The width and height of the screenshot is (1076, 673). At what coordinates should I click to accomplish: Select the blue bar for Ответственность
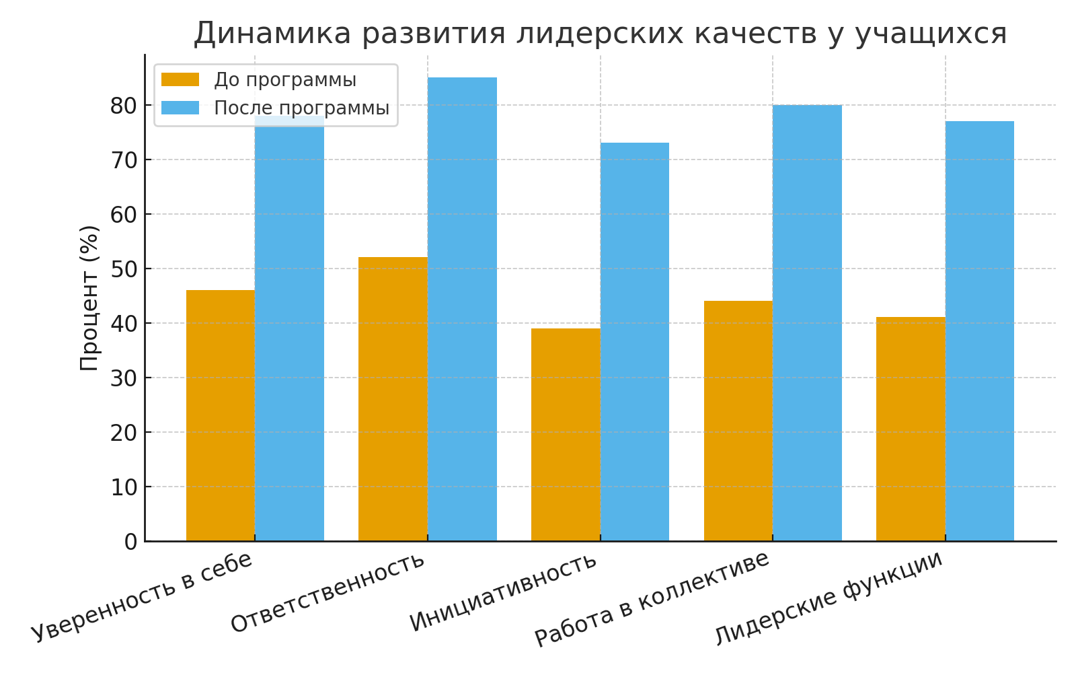pyautogui.click(x=462, y=309)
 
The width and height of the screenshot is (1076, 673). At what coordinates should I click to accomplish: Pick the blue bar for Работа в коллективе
pyautogui.click(x=807, y=322)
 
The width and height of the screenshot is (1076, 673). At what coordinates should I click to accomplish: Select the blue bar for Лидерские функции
pyautogui.click(x=980, y=330)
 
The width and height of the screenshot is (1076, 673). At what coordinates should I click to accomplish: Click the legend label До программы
pyautogui.click(x=285, y=80)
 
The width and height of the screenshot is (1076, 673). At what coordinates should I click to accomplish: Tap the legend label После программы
pyautogui.click(x=301, y=108)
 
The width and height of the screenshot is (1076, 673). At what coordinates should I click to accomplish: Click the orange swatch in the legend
pyautogui.click(x=180, y=80)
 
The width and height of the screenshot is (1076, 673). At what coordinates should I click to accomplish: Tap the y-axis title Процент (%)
pyautogui.click(x=89, y=297)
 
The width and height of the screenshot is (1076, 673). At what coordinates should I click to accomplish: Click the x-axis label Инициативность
pyautogui.click(x=504, y=592)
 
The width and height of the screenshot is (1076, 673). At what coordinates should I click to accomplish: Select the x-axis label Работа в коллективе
pyautogui.click(x=652, y=598)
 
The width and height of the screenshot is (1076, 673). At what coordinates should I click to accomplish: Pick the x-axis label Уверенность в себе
pyautogui.click(x=142, y=596)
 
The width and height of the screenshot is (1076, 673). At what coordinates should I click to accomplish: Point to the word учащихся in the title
pyautogui.click(x=931, y=33)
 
